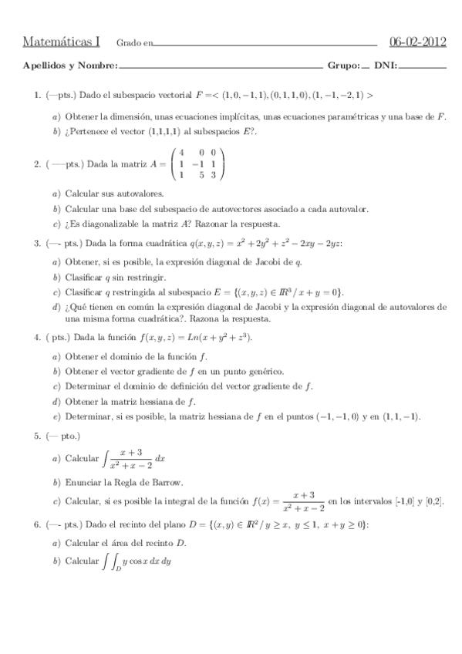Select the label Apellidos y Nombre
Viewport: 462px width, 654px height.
pyautogui.click(x=70, y=66)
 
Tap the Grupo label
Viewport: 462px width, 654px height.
pyautogui.click(x=343, y=66)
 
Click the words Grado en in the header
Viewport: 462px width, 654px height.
pyautogui.click(x=134, y=43)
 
